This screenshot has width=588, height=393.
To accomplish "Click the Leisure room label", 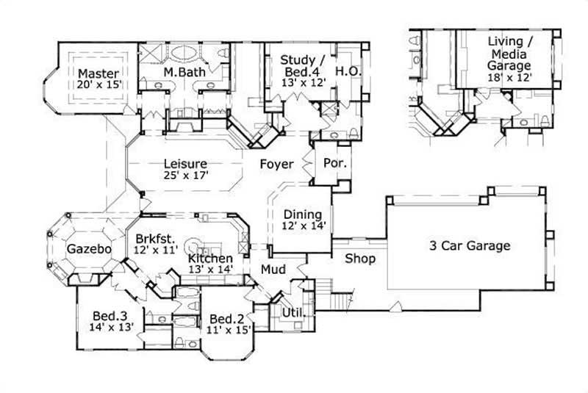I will pos(185,164).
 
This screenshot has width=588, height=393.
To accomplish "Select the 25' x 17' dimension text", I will pos(186,176).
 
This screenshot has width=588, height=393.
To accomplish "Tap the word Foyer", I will pos(276,164).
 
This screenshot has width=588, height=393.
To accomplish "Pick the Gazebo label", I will pos(89,249).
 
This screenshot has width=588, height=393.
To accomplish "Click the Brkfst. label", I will pos(154,238).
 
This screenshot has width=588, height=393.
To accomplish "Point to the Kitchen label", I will pos(210,259).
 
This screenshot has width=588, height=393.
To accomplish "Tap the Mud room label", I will pos(273,270).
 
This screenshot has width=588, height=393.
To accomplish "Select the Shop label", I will pos(360,259).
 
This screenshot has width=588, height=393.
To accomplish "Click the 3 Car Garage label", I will pos(470,246).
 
